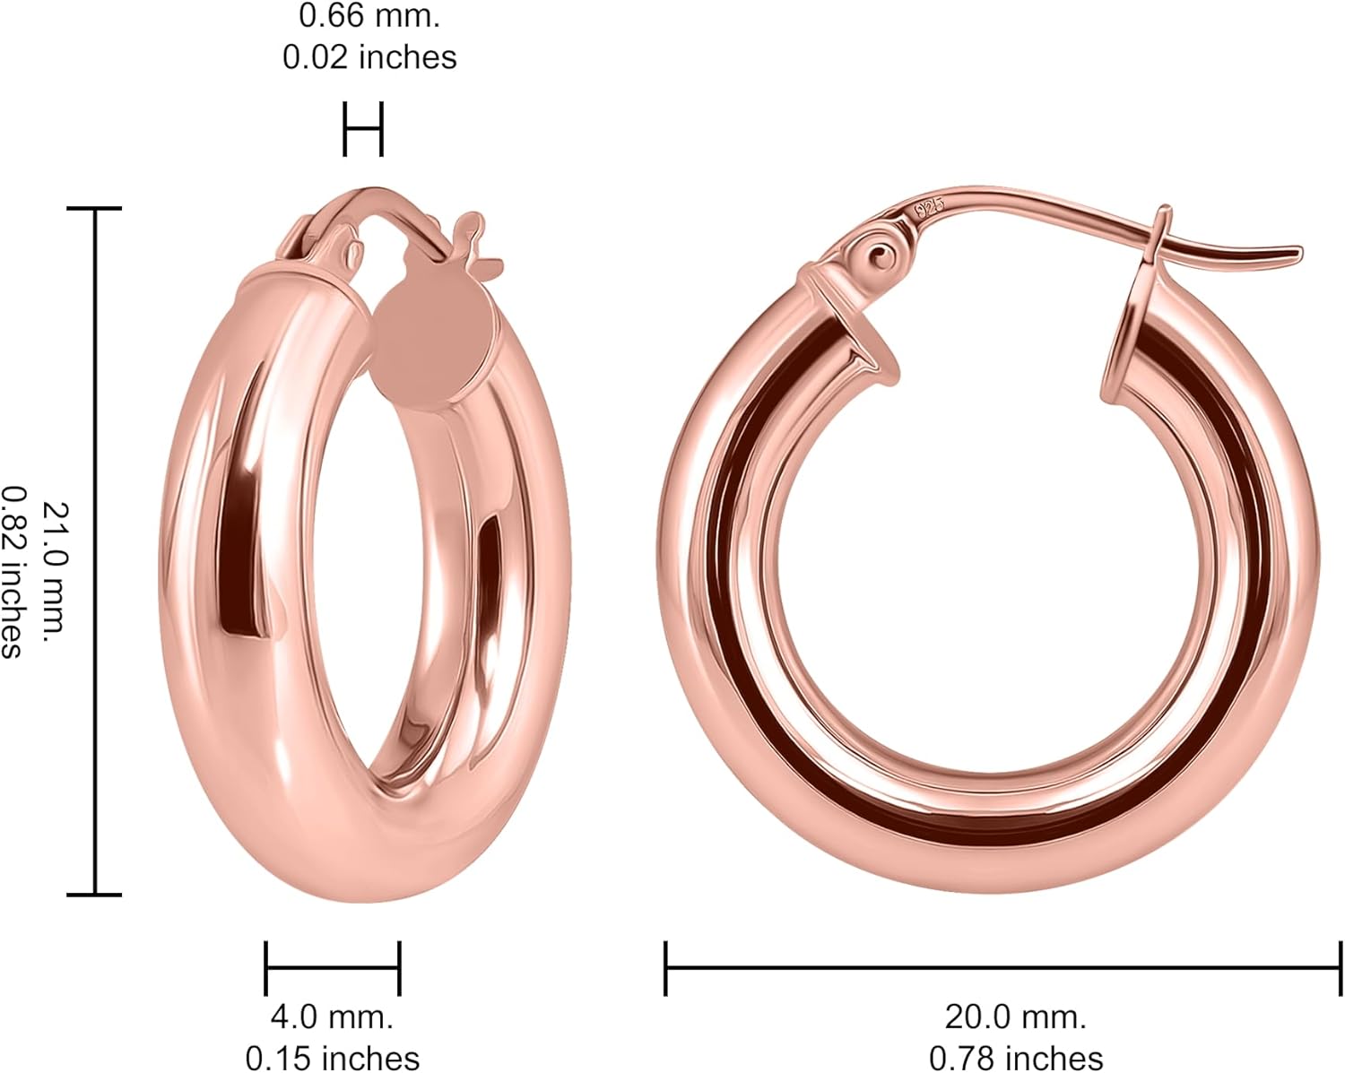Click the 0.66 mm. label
click(369, 16)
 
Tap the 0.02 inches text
click(369, 56)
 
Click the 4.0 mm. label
click(332, 1017)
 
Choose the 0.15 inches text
click(333, 1058)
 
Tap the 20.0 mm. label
click(1015, 1017)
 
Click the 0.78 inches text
click(1015, 1058)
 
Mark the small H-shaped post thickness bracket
click(363, 129)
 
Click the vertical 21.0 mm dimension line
click(95, 551)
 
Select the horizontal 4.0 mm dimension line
click(333, 968)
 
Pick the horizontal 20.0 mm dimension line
click(1002, 968)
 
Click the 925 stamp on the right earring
click(929, 209)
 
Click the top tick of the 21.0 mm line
click(95, 209)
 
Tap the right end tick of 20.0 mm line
click(1340, 968)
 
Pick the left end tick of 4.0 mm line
click(266, 968)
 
